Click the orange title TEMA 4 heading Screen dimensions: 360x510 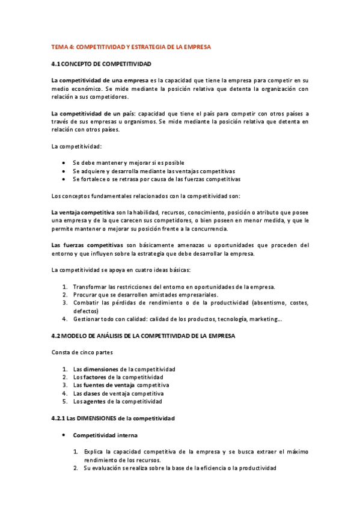[131, 46]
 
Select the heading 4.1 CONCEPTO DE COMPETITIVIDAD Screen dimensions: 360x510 [101, 63]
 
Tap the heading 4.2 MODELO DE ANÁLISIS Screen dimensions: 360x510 [144, 336]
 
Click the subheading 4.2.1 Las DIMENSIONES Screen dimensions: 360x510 [113, 417]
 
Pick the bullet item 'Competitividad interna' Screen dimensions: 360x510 [105, 434]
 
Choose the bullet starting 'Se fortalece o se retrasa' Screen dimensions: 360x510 [156, 179]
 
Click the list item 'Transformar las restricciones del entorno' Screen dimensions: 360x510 [174, 287]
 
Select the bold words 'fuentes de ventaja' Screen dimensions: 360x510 [109, 385]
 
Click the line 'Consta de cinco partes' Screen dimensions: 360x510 [81, 352]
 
